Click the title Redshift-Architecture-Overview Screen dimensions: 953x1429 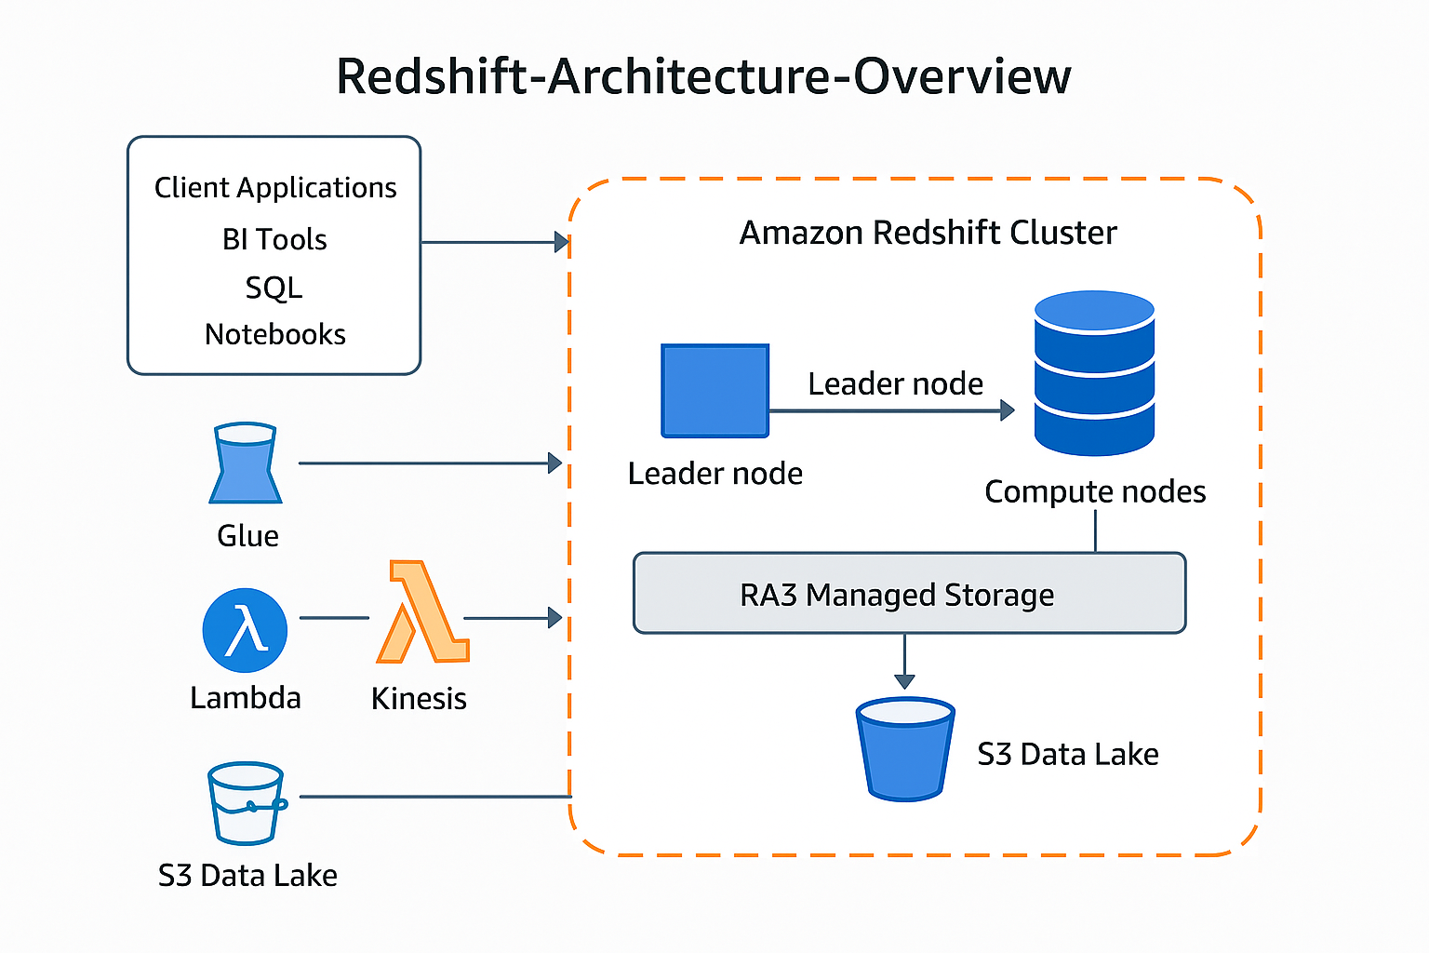pyautogui.click(x=703, y=76)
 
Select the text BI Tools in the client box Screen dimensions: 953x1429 pyautogui.click(x=274, y=240)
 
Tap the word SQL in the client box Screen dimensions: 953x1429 pyautogui.click(x=274, y=288)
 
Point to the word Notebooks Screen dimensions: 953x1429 pyautogui.click(x=274, y=334)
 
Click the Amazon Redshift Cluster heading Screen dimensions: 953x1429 pyautogui.click(x=928, y=233)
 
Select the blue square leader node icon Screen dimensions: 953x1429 pyautogui.click(x=714, y=391)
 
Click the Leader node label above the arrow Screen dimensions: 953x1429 pyautogui.click(x=895, y=383)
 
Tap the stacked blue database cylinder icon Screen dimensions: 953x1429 pyautogui.click(x=1094, y=373)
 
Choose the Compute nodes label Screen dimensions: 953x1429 pyautogui.click(x=1095, y=491)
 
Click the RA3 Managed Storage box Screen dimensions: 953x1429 pyautogui.click(x=909, y=594)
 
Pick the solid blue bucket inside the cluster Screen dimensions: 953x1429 pyautogui.click(x=904, y=749)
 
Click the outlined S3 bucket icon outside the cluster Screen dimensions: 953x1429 pyautogui.click(x=246, y=802)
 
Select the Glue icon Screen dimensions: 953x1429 pyautogui.click(x=246, y=463)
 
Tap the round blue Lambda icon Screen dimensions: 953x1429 pyautogui.click(x=245, y=630)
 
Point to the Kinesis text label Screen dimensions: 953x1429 pyautogui.click(x=419, y=698)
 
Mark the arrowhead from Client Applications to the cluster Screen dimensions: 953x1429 pyautogui.click(x=561, y=242)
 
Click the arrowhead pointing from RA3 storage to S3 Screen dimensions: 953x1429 pyautogui.click(x=904, y=681)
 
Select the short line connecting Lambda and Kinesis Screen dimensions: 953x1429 pyautogui.click(x=334, y=618)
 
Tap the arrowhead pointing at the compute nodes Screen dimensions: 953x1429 pyautogui.click(x=1007, y=410)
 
